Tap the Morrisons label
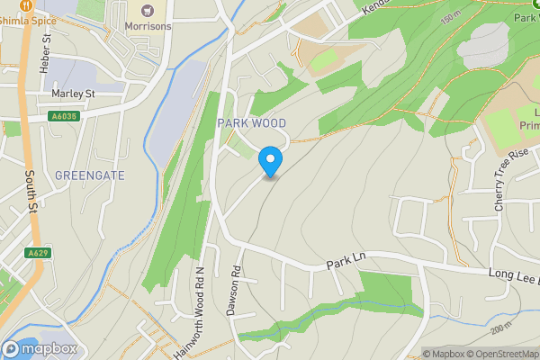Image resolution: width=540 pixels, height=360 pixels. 148,27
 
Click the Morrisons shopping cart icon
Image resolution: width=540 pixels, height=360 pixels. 147,10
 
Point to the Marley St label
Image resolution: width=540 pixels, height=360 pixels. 74,94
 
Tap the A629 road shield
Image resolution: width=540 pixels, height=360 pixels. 37,254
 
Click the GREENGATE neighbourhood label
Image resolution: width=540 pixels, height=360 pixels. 90,175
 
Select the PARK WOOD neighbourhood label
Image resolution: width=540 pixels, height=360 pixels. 252,123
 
